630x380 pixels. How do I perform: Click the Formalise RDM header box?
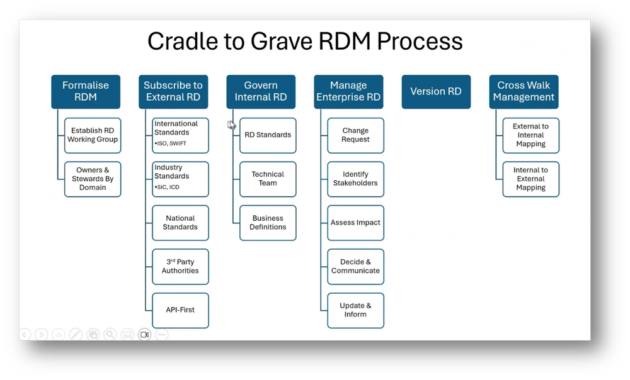86,91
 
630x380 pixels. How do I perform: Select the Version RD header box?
436,91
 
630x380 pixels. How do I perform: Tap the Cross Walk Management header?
524,91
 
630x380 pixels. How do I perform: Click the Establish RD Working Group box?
93,135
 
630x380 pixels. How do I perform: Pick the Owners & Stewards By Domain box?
93,179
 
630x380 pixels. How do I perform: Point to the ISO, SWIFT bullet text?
170,143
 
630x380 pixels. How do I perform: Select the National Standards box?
180,223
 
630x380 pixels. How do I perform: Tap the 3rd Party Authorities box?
180,267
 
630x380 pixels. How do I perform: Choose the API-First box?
180,310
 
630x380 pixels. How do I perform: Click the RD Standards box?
268,135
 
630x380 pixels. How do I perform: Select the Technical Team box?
268,179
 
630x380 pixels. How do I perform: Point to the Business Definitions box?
268,223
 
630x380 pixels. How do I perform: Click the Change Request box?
355,135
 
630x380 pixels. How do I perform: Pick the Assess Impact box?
355,223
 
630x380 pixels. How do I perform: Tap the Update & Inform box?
355,310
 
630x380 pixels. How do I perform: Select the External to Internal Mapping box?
530,135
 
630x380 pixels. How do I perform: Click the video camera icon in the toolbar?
145,334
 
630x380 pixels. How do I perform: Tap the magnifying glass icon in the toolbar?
110,334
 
